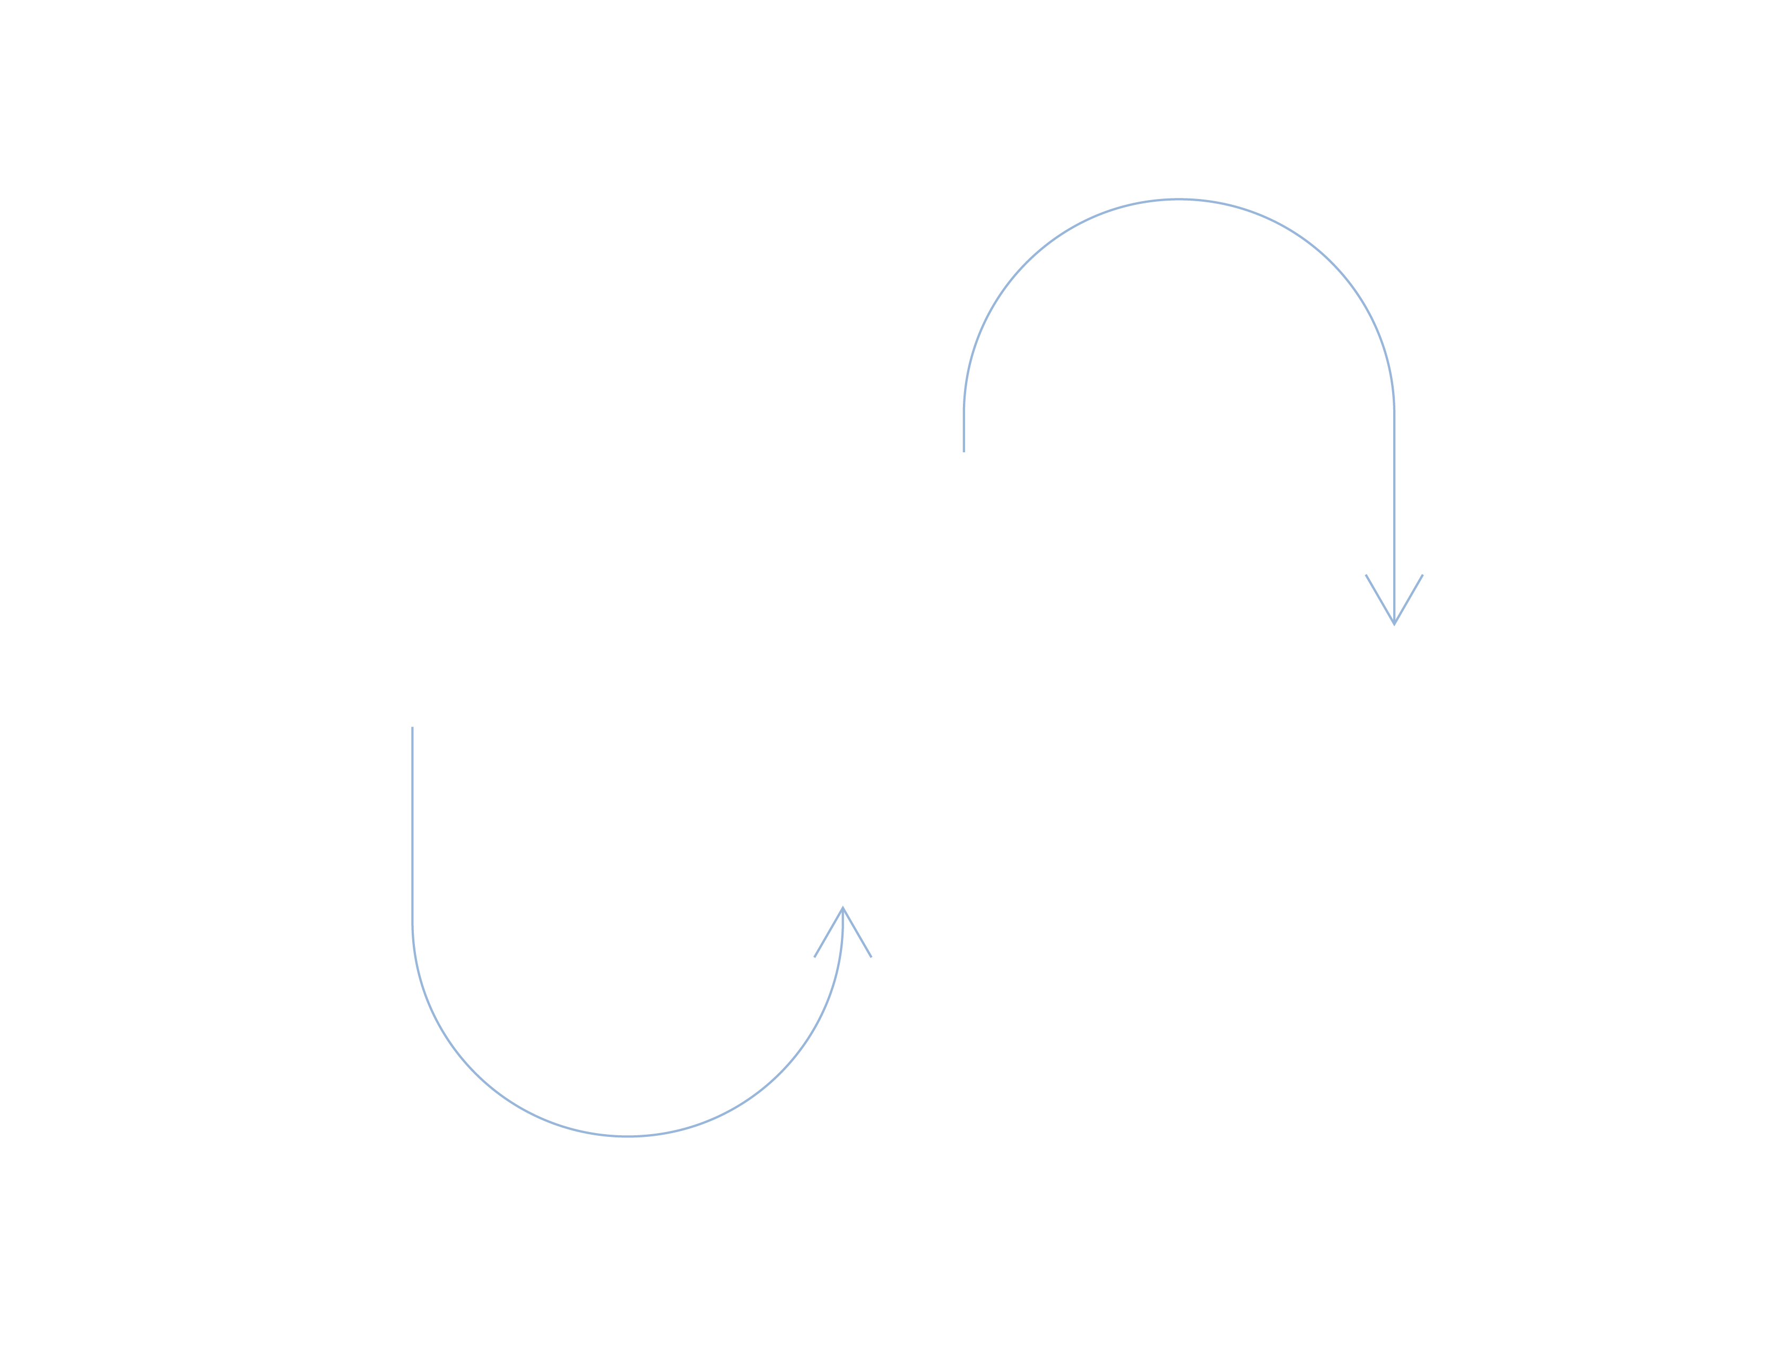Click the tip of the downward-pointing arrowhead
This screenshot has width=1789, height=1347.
pos(1394,624)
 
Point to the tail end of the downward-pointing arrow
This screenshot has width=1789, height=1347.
pos(963,452)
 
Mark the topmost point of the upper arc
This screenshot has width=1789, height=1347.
pos(1179,199)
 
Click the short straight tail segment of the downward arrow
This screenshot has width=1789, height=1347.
pos(963,433)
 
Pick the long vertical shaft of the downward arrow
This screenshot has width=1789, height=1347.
pos(1394,518)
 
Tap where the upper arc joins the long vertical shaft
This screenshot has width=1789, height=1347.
pos(1394,414)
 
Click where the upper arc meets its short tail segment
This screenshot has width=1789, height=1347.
pos(963,414)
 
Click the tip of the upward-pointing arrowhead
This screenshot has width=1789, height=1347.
pos(843,908)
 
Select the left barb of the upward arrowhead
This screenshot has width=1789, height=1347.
pos(828,933)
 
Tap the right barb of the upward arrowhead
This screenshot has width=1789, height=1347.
pos(857,933)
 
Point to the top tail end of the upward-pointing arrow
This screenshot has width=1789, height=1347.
pos(412,727)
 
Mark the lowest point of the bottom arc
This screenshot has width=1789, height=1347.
pos(628,1137)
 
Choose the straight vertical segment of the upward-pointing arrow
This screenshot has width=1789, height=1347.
pos(412,825)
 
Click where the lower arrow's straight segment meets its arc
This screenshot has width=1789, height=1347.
pos(412,922)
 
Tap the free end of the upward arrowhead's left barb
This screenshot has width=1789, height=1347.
pos(814,957)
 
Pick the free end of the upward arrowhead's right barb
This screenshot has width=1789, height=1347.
pos(871,957)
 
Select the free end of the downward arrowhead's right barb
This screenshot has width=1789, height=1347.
pos(1422,574)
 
